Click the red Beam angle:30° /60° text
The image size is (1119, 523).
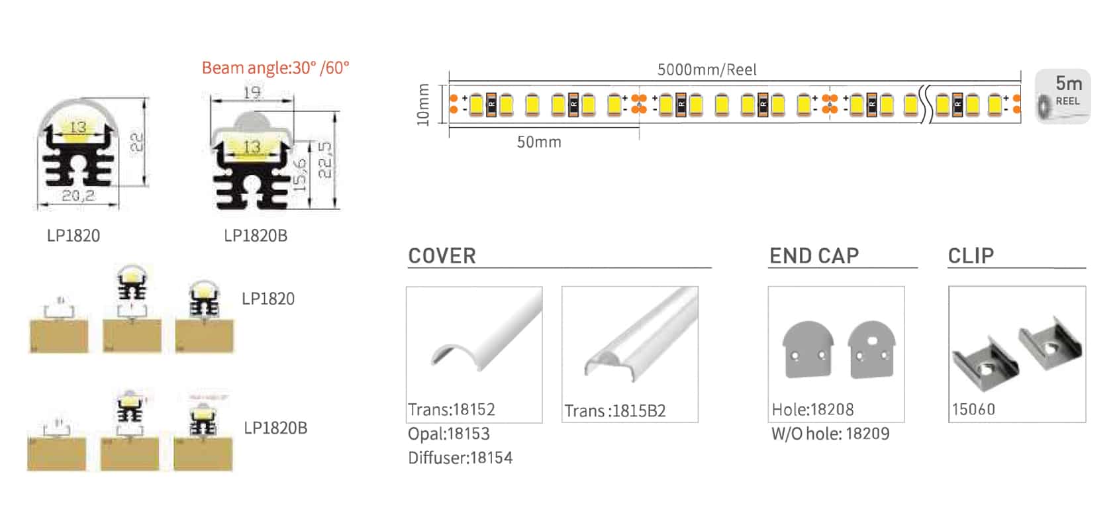click(x=275, y=68)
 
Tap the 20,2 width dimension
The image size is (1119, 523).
click(x=78, y=196)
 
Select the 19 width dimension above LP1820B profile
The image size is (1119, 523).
click(x=252, y=93)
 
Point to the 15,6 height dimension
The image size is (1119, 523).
click(x=300, y=174)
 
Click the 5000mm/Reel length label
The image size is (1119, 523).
click(x=706, y=70)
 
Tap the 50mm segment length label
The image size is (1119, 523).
click(x=539, y=142)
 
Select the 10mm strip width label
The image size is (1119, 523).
click(x=423, y=105)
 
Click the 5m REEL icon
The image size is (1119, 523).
click(x=1063, y=97)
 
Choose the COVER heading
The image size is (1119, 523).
click(x=442, y=256)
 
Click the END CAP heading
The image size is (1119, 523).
click(x=814, y=256)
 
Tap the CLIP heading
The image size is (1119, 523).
click(x=971, y=256)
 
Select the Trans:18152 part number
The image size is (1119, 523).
click(x=452, y=410)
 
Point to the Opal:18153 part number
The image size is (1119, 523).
click(x=449, y=434)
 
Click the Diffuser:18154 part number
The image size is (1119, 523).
click(x=460, y=458)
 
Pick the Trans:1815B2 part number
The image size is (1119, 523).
click(x=615, y=411)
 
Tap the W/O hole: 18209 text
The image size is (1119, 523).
click(x=830, y=434)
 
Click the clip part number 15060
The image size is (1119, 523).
click(x=973, y=410)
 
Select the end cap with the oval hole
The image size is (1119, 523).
click(x=872, y=351)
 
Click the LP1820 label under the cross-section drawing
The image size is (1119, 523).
click(x=73, y=236)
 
